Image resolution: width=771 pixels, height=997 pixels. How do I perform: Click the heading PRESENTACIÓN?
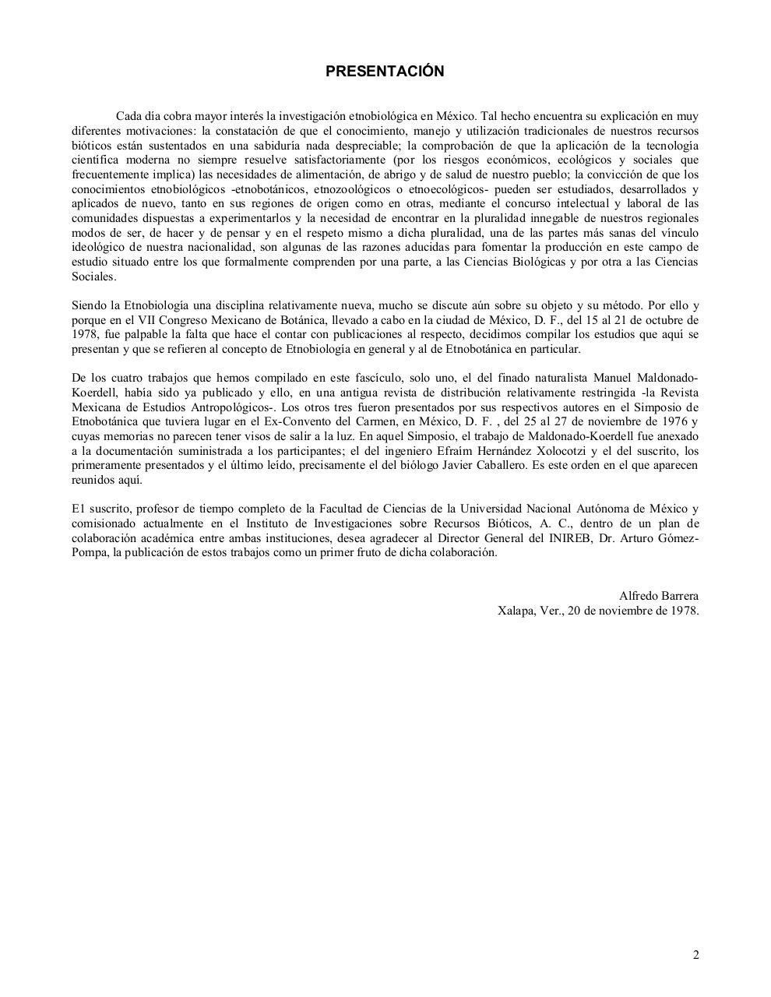[x=385, y=72]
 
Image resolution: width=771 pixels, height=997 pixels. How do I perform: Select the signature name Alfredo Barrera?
[x=658, y=597]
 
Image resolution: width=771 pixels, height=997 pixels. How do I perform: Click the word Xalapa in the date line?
[x=514, y=611]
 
